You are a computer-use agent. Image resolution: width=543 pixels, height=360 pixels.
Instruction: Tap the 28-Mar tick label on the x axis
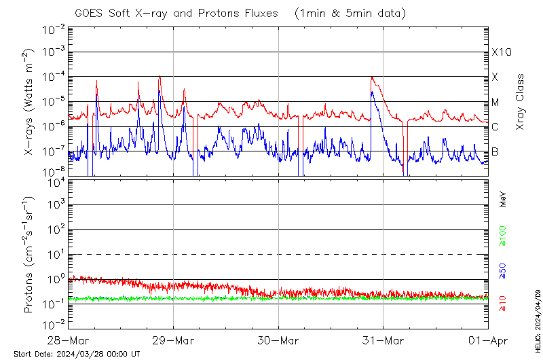tap(68, 340)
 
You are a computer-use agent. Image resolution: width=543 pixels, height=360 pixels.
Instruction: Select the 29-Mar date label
tap(173, 340)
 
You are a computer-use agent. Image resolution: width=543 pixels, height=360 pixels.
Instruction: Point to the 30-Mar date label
tap(278, 340)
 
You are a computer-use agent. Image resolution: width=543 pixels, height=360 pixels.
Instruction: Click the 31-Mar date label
tap(383, 340)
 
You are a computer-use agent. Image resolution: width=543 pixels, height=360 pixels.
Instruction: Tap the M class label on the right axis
tap(495, 102)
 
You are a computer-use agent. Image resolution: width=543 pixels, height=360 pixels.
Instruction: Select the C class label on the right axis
tap(495, 127)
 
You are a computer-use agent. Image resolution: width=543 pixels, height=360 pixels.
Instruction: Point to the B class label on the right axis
tap(495, 151)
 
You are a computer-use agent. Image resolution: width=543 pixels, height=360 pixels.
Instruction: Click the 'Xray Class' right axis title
tap(521, 101)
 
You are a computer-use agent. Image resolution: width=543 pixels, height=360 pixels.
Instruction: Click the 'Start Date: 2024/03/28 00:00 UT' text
tap(77, 354)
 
